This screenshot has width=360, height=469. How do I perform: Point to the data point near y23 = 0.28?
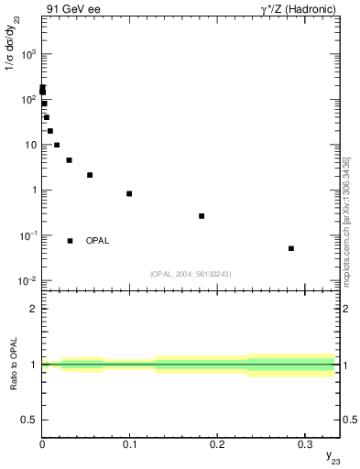(290, 248)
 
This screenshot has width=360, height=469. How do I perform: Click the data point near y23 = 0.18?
(202, 216)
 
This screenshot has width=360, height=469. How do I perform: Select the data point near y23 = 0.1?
(129, 193)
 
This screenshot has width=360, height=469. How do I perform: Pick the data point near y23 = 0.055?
(90, 175)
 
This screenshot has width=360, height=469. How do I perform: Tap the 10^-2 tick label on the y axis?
(27, 281)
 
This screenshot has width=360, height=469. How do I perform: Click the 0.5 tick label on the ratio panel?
(30, 420)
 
